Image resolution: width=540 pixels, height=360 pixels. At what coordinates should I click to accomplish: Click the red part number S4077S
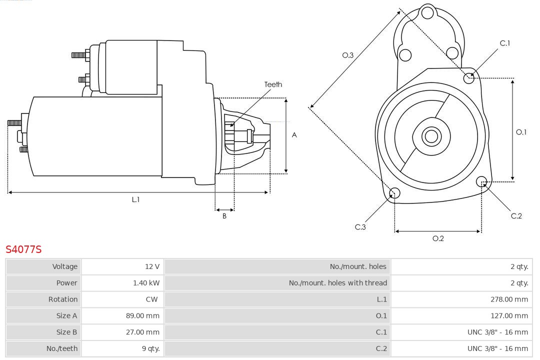(23, 249)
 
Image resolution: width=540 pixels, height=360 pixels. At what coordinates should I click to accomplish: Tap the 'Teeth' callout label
(273, 84)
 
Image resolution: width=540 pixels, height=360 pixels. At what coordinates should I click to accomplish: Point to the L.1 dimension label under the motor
(135, 199)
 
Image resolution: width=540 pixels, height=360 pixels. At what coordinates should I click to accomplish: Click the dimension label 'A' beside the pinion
(294, 135)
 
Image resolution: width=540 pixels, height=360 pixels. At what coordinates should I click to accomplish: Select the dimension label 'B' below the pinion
(224, 216)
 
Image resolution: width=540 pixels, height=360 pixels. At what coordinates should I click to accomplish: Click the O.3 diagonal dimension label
(348, 55)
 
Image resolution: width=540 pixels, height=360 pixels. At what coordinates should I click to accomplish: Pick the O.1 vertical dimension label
(521, 132)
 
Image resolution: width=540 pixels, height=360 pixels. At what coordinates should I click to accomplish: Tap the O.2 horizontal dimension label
(438, 238)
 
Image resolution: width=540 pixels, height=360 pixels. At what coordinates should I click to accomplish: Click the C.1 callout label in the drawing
(505, 43)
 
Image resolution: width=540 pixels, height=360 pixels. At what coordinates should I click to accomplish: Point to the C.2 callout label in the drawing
(516, 216)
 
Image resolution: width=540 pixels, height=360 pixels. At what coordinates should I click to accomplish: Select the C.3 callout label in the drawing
(360, 227)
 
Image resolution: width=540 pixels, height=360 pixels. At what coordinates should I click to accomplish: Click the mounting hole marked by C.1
(469, 77)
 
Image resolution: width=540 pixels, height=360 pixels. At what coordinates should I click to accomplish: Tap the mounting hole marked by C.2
(481, 181)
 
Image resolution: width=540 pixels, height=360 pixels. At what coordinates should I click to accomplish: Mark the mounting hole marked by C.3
(394, 193)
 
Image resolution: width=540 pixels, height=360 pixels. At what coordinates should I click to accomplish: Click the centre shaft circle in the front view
(430, 136)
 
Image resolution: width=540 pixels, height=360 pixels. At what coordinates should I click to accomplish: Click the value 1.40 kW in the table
(146, 283)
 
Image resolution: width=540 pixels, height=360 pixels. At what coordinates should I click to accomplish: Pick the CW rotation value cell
(152, 299)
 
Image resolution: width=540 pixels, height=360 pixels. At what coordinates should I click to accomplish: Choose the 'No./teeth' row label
(62, 348)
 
